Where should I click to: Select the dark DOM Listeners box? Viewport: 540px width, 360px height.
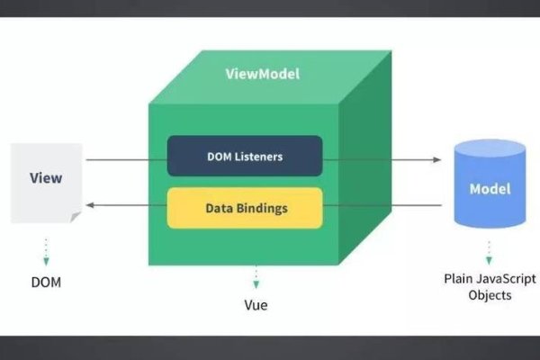click(x=245, y=156)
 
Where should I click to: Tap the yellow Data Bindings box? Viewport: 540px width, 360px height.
click(x=245, y=208)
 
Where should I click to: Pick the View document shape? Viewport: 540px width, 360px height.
click(x=46, y=180)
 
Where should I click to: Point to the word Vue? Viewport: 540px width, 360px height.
click(x=256, y=305)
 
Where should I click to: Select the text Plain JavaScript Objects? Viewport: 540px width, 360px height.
click(x=490, y=286)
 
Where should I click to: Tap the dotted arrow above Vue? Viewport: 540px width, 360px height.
click(x=256, y=276)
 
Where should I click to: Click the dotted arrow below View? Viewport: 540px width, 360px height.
click(x=45, y=249)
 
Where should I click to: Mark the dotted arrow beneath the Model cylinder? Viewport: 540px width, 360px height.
click(x=490, y=249)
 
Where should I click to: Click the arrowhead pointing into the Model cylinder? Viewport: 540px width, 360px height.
click(x=436, y=159)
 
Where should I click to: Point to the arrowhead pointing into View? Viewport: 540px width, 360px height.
click(x=89, y=206)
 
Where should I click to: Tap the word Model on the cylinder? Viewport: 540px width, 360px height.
click(x=490, y=190)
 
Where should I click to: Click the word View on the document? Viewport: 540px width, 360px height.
click(x=46, y=177)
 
